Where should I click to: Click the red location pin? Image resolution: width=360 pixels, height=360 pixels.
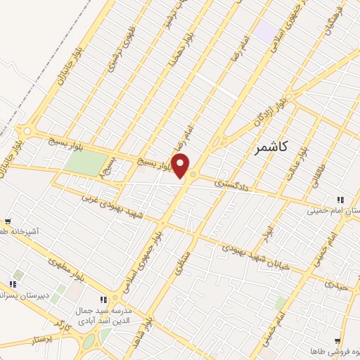coord(181,166)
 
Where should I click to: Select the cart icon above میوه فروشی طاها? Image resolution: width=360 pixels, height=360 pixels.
coord(339,340)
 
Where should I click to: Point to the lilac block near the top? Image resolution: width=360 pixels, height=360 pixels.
coord(266,30)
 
